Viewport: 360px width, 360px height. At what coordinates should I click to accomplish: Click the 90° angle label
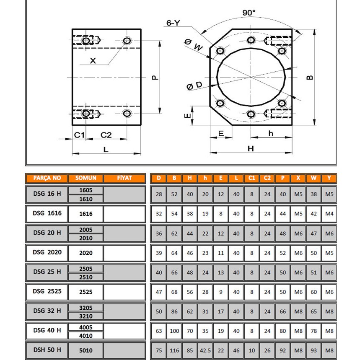[x=249, y=13]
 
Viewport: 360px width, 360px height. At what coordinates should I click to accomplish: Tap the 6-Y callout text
[x=173, y=23]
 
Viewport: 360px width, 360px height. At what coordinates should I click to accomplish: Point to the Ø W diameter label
[x=193, y=44]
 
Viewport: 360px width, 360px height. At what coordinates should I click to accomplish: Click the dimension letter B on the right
[x=310, y=78]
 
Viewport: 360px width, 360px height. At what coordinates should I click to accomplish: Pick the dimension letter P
[x=155, y=78]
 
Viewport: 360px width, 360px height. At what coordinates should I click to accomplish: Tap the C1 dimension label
[x=79, y=135]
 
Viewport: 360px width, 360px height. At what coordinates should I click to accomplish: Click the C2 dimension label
[x=106, y=135]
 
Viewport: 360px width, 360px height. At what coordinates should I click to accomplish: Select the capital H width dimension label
[x=251, y=148]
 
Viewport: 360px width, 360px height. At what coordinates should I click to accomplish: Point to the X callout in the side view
[x=93, y=61]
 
